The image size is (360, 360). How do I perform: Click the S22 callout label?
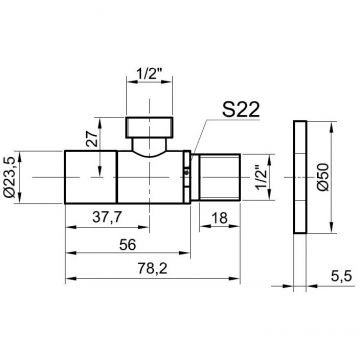[241, 109]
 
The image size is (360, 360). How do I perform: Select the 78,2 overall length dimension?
[153, 269]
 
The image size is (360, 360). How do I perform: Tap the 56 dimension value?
[128, 245]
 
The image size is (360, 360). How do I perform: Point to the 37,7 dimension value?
[107, 218]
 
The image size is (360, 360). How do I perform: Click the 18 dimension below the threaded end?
[220, 218]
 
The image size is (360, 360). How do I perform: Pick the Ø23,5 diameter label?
[11, 177]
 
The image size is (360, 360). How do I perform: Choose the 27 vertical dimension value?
[91, 138]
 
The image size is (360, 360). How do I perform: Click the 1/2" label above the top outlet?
[149, 75]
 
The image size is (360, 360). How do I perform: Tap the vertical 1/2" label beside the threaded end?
[262, 177]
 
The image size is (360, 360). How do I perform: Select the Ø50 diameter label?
[323, 177]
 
